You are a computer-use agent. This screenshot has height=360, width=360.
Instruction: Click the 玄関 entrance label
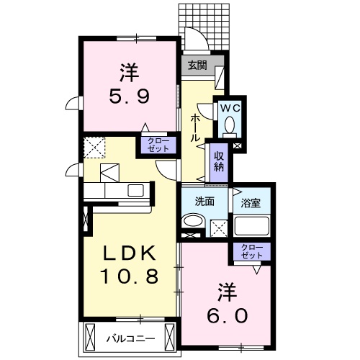(x=197, y=64)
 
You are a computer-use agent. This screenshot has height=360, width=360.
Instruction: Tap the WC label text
(x=229, y=108)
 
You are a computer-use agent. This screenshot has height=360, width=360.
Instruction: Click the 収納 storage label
(x=218, y=158)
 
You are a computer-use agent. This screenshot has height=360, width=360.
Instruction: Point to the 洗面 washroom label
(x=204, y=202)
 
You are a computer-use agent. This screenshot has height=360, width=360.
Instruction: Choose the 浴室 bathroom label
(x=250, y=202)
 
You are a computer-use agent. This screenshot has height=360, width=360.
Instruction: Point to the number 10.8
(x=130, y=276)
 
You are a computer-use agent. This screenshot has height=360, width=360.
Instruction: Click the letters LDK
(x=129, y=254)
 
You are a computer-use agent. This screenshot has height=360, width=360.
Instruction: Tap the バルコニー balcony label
(x=129, y=336)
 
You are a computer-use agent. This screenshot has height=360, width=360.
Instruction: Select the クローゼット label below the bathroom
(x=253, y=252)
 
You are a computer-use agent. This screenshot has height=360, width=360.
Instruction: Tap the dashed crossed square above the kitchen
(x=94, y=148)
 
